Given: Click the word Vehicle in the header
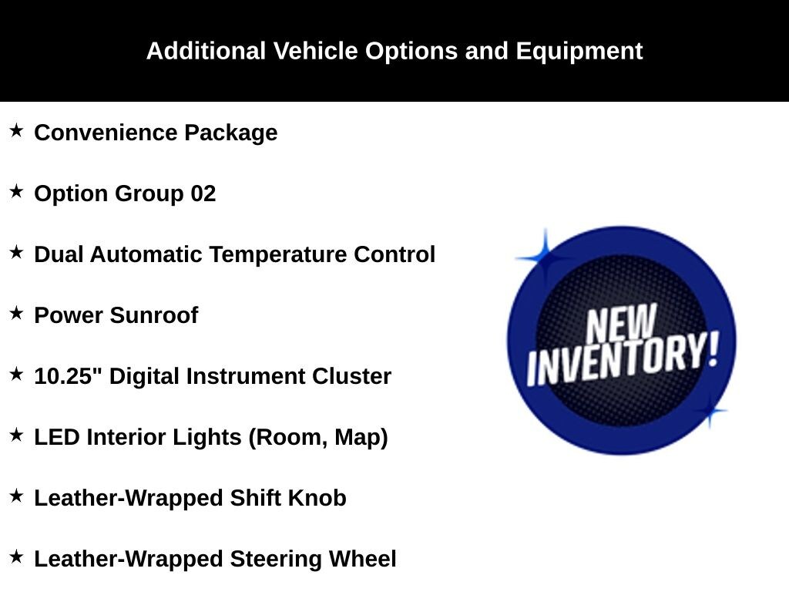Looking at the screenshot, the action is point(315,51).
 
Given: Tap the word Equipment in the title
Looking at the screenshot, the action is point(579,52).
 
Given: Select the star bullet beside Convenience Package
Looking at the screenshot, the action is point(16,130).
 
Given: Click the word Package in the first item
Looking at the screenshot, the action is point(231,133).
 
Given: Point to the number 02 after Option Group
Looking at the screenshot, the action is point(203,193).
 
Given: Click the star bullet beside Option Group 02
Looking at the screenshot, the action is point(16,191).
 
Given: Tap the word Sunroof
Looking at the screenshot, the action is point(154,315).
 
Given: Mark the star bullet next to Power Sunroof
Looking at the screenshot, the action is point(16,313).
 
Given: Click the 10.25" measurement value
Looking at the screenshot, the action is point(68,376).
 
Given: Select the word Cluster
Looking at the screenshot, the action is point(351,376).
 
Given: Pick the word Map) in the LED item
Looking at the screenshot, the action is point(361,438).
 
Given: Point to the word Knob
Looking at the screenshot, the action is point(317,498).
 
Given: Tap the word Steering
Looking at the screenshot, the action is point(277,560).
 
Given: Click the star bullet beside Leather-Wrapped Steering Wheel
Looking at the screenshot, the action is point(16,557).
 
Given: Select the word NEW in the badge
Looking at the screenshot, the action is point(622,324).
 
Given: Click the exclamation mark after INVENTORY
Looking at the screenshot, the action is point(712,348).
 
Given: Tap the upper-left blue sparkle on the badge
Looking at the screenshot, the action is point(545,257).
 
